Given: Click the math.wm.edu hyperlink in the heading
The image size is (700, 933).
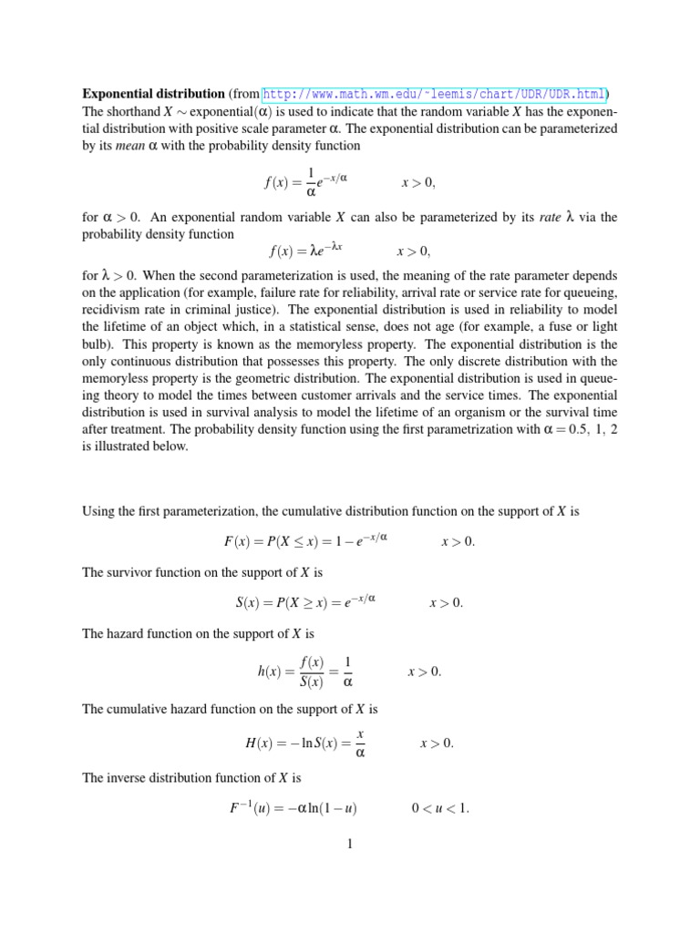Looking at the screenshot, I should [436, 94].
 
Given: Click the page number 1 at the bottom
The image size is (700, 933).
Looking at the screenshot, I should [349, 844].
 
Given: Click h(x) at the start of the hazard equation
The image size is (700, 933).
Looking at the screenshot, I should [270, 672].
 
